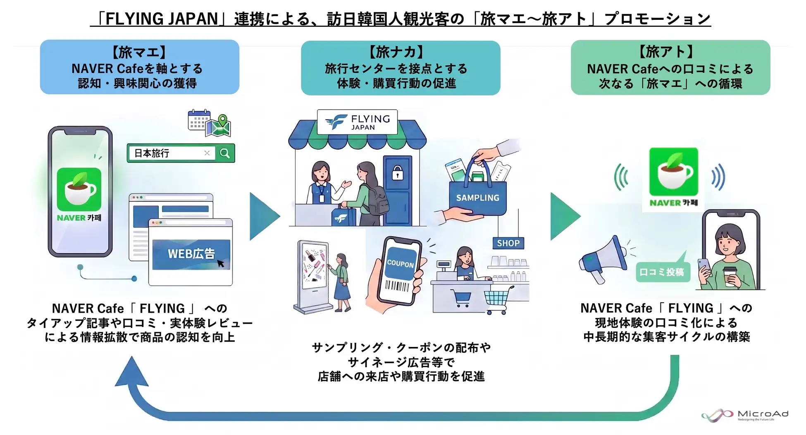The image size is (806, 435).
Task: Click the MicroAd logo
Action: pos(745,415)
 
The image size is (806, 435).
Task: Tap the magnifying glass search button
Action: pos(225,153)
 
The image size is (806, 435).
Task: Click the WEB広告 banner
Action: pos(191,254)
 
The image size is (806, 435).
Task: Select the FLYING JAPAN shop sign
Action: pos(357,122)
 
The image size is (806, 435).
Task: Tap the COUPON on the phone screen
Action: pos(400,264)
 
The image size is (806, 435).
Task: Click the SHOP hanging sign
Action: pos(508,243)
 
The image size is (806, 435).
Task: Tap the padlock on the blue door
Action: pos(398,173)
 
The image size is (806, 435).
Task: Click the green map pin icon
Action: pos(223,121)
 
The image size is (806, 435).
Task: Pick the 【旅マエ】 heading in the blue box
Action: pos(139,52)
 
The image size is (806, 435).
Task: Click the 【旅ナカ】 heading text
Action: pos(396,52)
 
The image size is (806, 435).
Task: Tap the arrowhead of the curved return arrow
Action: pos(131,371)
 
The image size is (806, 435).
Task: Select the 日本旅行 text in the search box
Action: pos(152,153)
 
